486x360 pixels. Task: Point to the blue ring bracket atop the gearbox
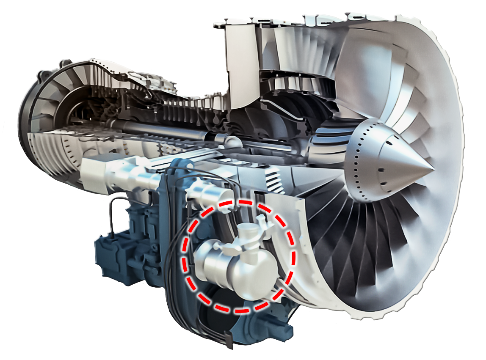tap(178, 169)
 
